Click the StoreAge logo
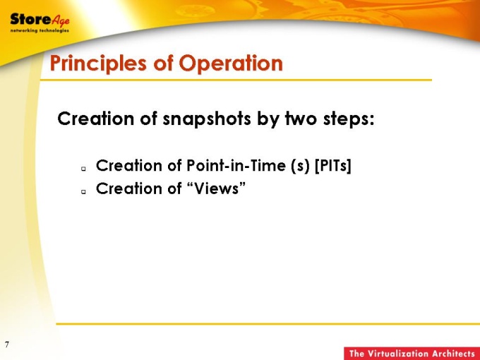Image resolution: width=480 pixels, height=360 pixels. point(40,21)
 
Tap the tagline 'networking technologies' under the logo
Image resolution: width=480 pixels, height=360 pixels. point(40,30)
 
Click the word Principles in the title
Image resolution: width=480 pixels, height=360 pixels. point(98,64)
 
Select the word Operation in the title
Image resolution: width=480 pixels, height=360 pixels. point(231,63)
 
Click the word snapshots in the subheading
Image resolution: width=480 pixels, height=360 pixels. point(207,119)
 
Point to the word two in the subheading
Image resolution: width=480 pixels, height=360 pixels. point(301,119)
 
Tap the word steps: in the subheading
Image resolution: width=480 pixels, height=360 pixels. point(349,119)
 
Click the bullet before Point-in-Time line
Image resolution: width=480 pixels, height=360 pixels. point(83,169)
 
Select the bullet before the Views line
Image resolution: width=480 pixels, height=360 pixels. point(83,191)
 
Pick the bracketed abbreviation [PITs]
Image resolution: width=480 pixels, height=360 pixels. point(333,166)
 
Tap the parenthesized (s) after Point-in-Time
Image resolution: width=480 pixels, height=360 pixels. point(301,166)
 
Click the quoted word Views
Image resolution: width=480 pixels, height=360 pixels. point(216,188)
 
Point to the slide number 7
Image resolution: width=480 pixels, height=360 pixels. point(7,344)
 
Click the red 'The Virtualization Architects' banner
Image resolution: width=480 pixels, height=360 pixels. point(412,353)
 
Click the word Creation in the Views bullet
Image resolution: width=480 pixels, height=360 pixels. point(129,188)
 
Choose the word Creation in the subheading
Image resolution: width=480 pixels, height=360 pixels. point(95,119)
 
